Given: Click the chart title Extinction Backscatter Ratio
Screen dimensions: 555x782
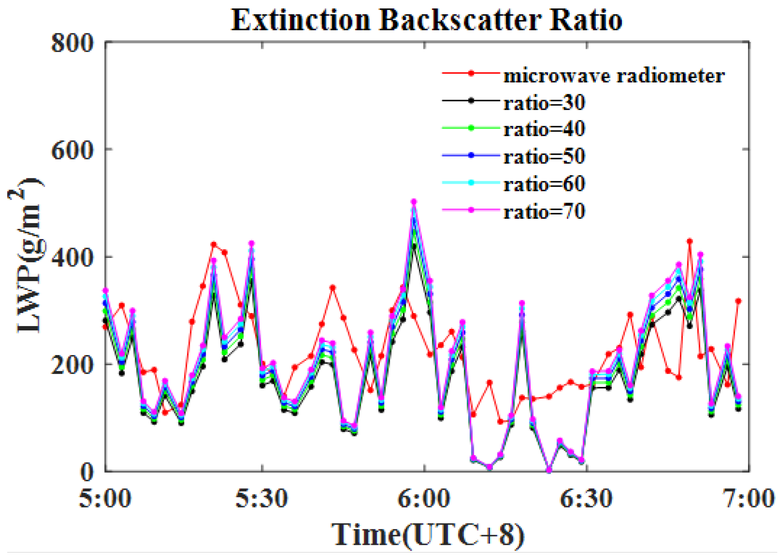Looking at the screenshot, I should (x=426, y=20).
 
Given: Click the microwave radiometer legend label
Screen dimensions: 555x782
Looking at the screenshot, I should (x=614, y=76).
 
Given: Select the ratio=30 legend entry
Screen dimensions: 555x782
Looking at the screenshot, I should (x=544, y=103).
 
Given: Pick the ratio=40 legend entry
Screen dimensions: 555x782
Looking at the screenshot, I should (x=544, y=129).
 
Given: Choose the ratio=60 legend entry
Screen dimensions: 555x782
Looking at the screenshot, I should (x=544, y=184).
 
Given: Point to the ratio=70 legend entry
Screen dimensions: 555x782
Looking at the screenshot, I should (x=544, y=212).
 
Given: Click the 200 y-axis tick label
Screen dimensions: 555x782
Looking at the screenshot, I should (x=72, y=365).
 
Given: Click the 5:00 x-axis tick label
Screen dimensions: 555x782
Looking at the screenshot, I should (x=105, y=498).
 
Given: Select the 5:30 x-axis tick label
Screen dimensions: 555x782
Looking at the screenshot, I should (x=262, y=498).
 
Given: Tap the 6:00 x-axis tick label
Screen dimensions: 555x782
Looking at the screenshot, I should (x=424, y=498).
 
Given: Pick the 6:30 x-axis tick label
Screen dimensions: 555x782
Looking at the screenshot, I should (x=586, y=498).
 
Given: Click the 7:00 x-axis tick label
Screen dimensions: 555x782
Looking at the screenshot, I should (x=748, y=498).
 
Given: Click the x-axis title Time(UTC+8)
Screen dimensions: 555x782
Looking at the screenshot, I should (x=427, y=535).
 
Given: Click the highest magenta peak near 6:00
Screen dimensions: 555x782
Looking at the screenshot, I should (x=414, y=201).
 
